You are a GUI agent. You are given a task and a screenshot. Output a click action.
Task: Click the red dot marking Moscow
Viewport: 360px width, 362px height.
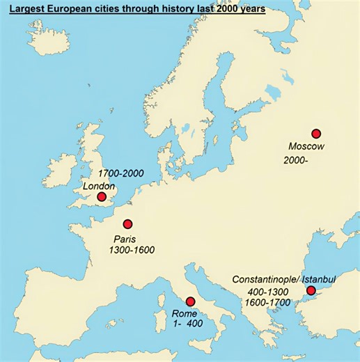click(315, 134)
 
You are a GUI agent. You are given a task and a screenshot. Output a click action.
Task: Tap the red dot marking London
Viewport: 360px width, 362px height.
click(102, 197)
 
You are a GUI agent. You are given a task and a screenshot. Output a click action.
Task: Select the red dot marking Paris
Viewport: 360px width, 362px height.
click(127, 224)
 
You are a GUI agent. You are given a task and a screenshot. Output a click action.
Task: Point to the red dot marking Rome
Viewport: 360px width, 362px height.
click(190, 301)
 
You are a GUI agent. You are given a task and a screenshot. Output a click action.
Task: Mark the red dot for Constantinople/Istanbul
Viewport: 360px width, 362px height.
click(311, 290)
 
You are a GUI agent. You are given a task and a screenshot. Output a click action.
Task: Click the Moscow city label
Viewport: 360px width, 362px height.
click(307, 147)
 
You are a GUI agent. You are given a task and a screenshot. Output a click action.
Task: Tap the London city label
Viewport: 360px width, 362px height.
click(99, 186)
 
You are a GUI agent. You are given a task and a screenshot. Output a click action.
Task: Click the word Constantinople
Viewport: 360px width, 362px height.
click(265, 279)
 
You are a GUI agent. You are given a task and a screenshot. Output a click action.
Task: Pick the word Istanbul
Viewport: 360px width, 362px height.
click(319, 279)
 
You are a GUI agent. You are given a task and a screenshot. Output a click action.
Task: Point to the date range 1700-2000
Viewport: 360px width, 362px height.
click(122, 173)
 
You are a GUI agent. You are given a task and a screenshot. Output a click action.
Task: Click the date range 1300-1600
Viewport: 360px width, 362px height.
click(132, 250)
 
